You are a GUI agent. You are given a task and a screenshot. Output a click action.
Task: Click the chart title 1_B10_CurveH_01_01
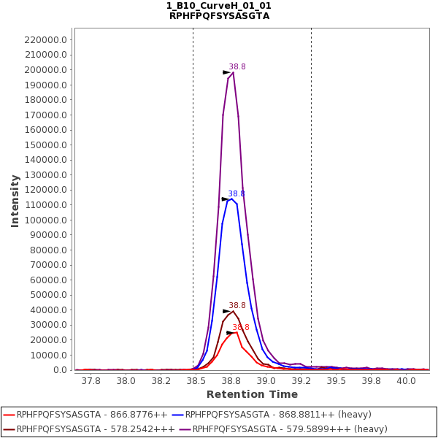pos(219,6)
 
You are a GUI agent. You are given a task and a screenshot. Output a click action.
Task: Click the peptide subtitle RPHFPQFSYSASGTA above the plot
pos(219,16)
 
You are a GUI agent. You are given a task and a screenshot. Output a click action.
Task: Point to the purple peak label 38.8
pos(237,67)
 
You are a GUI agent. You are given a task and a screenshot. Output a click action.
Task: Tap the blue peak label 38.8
pos(237,194)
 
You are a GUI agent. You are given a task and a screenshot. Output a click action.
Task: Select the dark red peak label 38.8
pos(237,306)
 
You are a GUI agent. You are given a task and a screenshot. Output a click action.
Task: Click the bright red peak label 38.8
pos(241,328)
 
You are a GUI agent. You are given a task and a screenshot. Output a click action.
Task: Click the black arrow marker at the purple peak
pos(227,72)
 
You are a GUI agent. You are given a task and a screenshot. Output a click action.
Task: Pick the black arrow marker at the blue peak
pos(226,199)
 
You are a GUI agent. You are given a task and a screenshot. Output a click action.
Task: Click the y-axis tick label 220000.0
pos(46,40)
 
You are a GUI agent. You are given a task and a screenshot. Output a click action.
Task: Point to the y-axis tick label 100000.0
pos(46,220)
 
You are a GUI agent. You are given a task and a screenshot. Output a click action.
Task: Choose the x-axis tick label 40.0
pos(406,380)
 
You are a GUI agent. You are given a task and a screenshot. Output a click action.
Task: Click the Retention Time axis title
pos(252,394)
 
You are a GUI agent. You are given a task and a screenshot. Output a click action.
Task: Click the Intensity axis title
pos(15,201)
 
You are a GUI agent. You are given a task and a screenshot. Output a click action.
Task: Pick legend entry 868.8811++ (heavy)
pos(270,415)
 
